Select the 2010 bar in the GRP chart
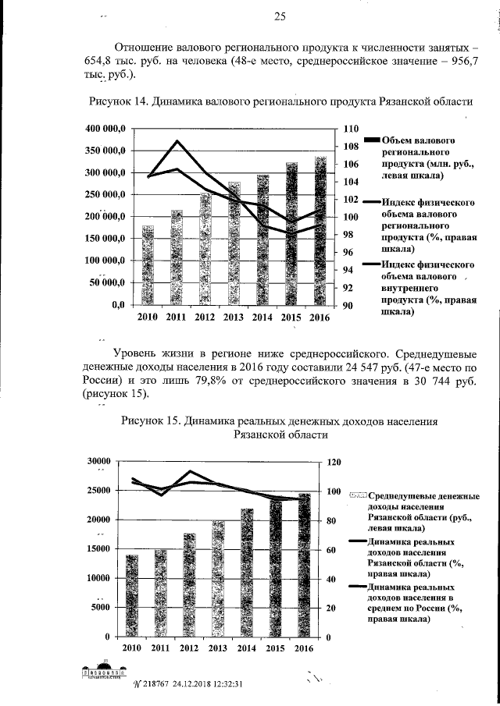pyautogui.click(x=148, y=265)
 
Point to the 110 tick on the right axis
pyautogui.click(x=350, y=128)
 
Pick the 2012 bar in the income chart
pyautogui.click(x=189, y=585)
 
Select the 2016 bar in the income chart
pyautogui.click(x=303, y=566)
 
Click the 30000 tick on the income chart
pyautogui.click(x=97, y=461)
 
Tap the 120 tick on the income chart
pyautogui.click(x=334, y=462)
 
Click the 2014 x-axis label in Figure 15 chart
pyautogui.click(x=246, y=649)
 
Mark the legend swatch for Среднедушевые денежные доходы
pyautogui.click(x=358, y=496)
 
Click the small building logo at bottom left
pyautogui.click(x=105, y=672)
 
